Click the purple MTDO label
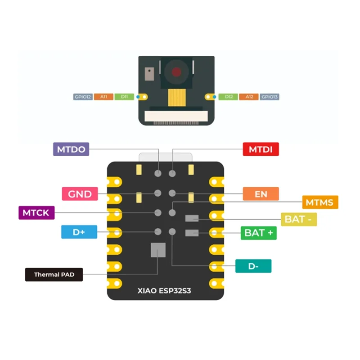click(x=71, y=149)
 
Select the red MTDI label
click(x=261, y=149)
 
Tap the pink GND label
click(x=80, y=194)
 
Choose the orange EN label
click(x=261, y=194)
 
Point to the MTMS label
click(x=320, y=202)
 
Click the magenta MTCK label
click(x=36, y=212)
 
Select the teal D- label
click(x=253, y=266)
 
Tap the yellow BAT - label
click(x=299, y=220)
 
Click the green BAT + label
click(x=259, y=233)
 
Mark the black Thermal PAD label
click(x=54, y=274)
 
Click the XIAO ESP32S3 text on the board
click(x=164, y=291)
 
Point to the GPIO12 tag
click(x=83, y=97)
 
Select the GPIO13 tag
click(x=270, y=97)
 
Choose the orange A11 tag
click(x=104, y=97)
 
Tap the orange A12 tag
click(x=249, y=97)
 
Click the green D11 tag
click(x=124, y=97)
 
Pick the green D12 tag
click(x=229, y=97)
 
